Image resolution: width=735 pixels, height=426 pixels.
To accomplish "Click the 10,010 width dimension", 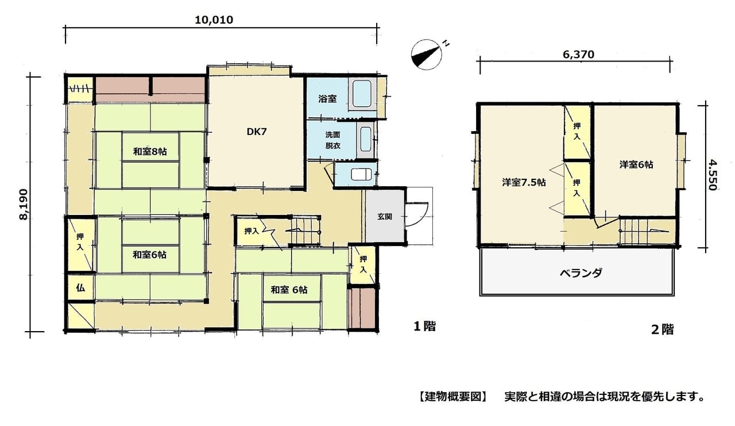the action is [214, 20].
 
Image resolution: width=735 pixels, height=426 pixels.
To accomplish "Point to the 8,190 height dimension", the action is [24, 204].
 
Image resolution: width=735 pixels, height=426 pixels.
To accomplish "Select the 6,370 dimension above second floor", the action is [578, 55].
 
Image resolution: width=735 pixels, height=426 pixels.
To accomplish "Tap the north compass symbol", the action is [427, 55].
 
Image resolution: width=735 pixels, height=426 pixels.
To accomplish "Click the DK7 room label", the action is [257, 132].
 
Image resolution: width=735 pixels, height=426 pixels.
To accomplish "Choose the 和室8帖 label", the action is [150, 151].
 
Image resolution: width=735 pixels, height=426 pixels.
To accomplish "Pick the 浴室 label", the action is [327, 98].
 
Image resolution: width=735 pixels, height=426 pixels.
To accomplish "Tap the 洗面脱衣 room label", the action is [332, 140].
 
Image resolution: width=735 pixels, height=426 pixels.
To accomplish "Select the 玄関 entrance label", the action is [385, 216].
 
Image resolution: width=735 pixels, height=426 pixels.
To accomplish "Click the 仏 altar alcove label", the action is [80, 288].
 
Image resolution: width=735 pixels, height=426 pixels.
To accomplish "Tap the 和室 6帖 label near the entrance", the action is [289, 290].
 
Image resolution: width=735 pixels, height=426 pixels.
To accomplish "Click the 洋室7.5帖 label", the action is [524, 182].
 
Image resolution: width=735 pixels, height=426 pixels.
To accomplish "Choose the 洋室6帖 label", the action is [636, 164].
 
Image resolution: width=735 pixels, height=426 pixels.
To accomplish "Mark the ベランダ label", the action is [581, 273].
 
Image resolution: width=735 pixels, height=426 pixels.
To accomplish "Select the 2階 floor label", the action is [663, 329].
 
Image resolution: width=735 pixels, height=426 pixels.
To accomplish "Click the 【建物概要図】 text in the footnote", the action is [453, 397].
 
